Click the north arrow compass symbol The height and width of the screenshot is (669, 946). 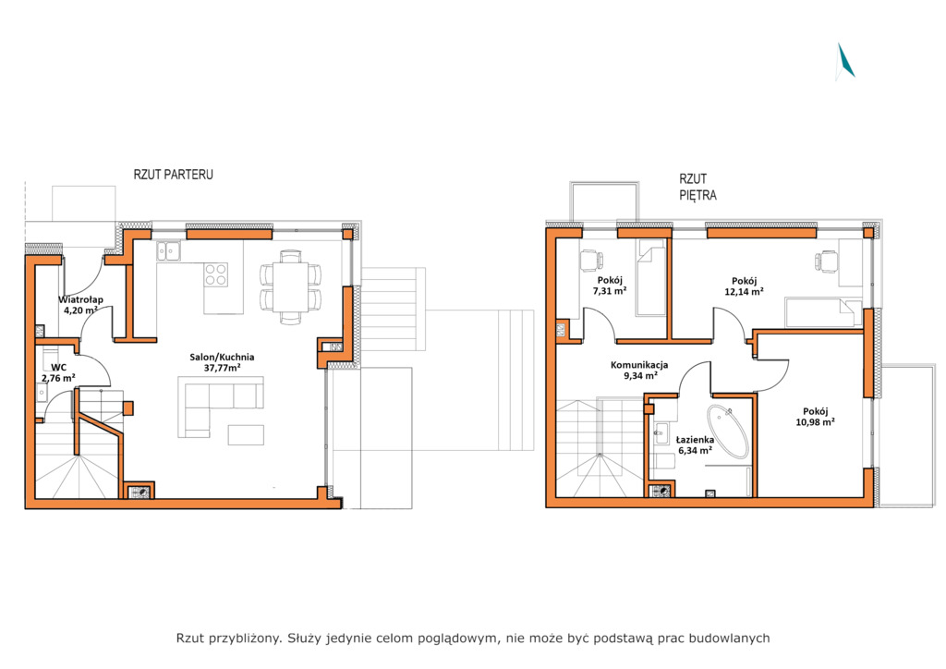click(846, 62)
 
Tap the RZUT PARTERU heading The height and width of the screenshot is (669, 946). click(173, 175)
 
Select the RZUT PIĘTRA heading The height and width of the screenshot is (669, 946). click(698, 187)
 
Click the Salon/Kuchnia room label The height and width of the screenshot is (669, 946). click(222, 357)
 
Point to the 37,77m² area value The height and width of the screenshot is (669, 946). click(223, 368)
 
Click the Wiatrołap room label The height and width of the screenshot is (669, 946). click(81, 299)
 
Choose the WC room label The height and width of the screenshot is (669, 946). click(58, 368)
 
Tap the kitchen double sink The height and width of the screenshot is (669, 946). click(168, 251)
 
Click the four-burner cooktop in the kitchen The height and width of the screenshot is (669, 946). click(215, 275)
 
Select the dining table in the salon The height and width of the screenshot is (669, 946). click(290, 287)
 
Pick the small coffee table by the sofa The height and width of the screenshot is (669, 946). click(246, 435)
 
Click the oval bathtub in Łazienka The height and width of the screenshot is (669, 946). click(728, 432)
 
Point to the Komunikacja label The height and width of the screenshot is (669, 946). click(639, 365)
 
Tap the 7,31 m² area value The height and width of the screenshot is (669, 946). click(610, 291)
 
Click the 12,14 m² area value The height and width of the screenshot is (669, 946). click(744, 291)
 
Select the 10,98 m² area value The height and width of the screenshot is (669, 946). click(815, 422)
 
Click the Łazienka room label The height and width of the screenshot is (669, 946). click(695, 440)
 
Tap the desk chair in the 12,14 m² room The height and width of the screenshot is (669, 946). click(826, 262)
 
